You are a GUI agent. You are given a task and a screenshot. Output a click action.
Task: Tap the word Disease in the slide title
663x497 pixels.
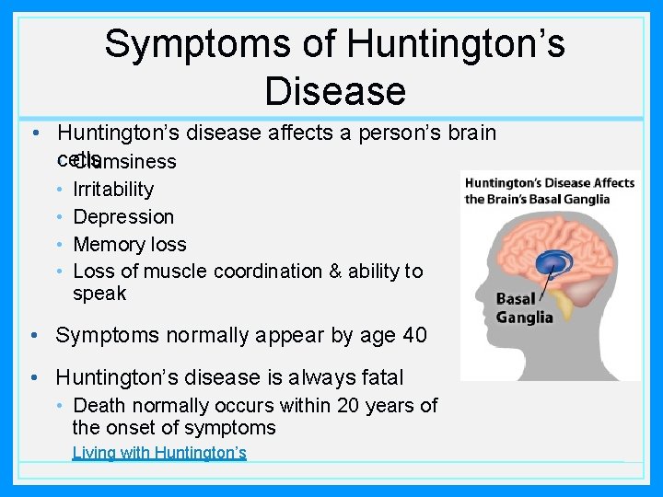[334, 90]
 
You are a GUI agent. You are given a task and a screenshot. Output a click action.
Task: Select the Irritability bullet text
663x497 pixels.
[113, 190]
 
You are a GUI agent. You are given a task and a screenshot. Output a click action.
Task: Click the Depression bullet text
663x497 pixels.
[123, 217]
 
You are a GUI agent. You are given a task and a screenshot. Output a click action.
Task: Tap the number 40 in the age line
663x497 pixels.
[413, 335]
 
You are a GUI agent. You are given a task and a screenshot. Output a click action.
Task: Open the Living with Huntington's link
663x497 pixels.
[159, 453]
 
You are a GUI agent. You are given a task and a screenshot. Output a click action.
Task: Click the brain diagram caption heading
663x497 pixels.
[550, 191]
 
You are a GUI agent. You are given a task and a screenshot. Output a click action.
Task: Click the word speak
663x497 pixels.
[99, 295]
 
